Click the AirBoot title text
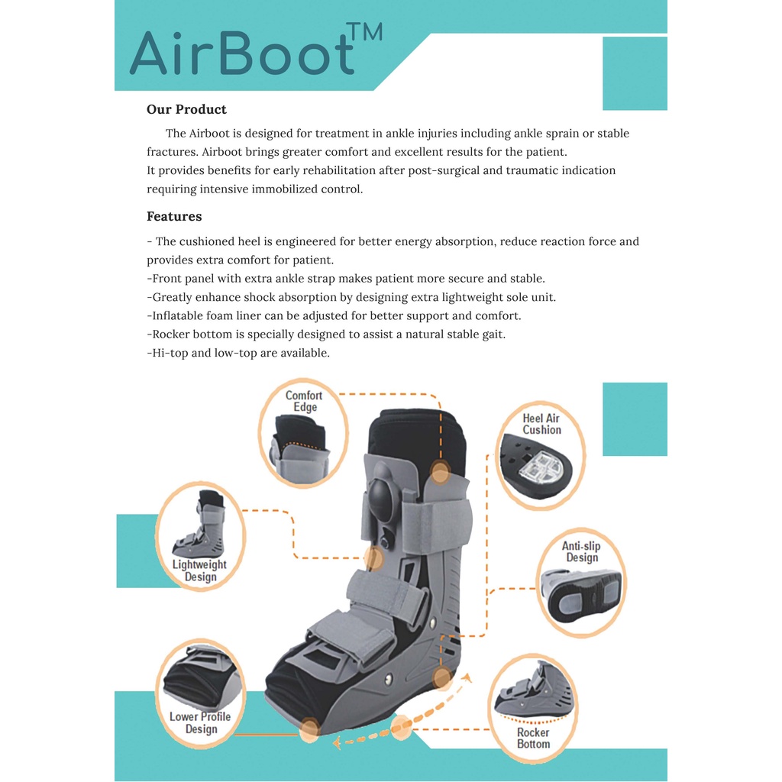click(242, 53)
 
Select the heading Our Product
click(186, 109)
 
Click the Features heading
click(174, 216)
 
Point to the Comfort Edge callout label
click(304, 401)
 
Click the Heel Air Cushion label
click(541, 424)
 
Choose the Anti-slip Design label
click(581, 551)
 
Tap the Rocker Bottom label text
click(533, 738)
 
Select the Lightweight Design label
click(199, 570)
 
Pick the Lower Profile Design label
click(200, 722)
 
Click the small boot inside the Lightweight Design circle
click(199, 523)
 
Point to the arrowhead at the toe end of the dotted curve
click(337, 742)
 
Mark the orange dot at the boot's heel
click(442, 678)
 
